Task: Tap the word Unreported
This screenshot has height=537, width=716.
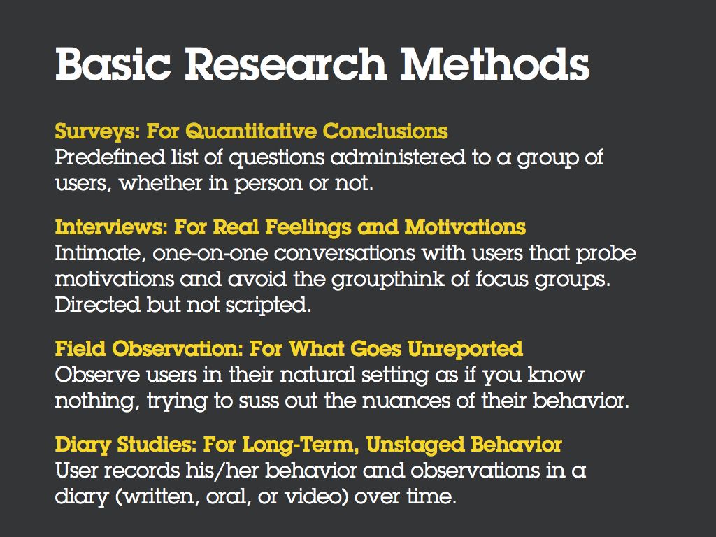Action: click(x=460, y=348)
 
